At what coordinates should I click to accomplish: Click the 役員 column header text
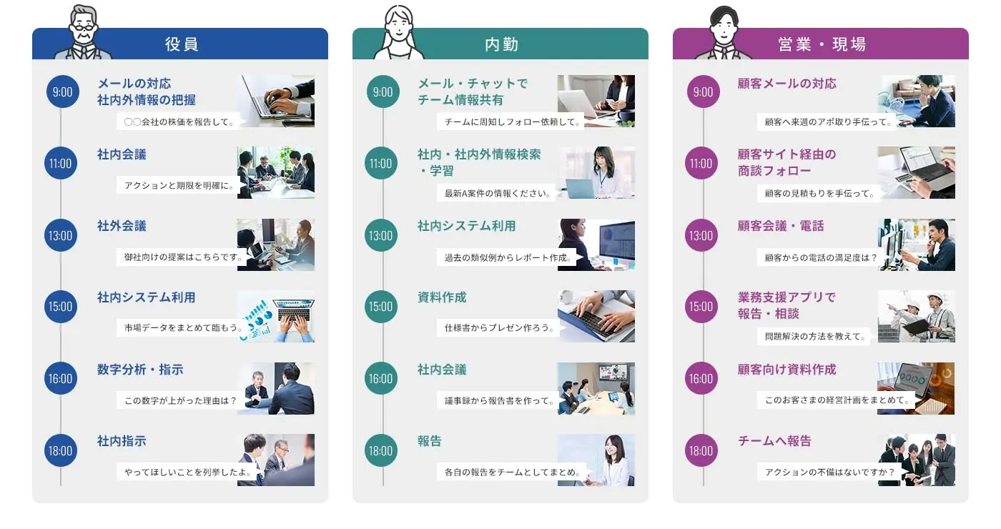tap(182, 44)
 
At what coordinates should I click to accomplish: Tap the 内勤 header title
tap(501, 44)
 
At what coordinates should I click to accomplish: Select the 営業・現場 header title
tap(822, 44)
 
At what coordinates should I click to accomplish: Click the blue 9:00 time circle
tap(63, 92)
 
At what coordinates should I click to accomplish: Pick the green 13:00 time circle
tap(380, 235)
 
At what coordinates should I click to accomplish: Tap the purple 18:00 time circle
tap(701, 450)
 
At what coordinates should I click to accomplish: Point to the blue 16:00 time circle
tap(60, 378)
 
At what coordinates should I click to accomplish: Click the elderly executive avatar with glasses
tap(83, 33)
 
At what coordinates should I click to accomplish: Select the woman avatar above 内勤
tap(399, 33)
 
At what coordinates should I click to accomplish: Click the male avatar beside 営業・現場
tap(724, 33)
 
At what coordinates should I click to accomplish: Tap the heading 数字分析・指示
tap(140, 370)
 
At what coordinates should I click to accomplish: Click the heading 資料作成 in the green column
tap(442, 297)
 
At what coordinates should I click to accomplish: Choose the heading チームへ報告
tap(774, 441)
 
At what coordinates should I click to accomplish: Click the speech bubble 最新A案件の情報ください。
tap(496, 193)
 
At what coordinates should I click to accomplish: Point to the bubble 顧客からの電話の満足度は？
tap(821, 257)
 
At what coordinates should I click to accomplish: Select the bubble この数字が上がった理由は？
tap(180, 400)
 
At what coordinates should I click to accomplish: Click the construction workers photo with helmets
tap(916, 316)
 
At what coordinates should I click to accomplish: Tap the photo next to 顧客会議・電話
tap(916, 244)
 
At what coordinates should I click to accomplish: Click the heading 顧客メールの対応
tap(787, 84)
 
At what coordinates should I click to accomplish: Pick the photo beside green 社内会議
tap(596, 388)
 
